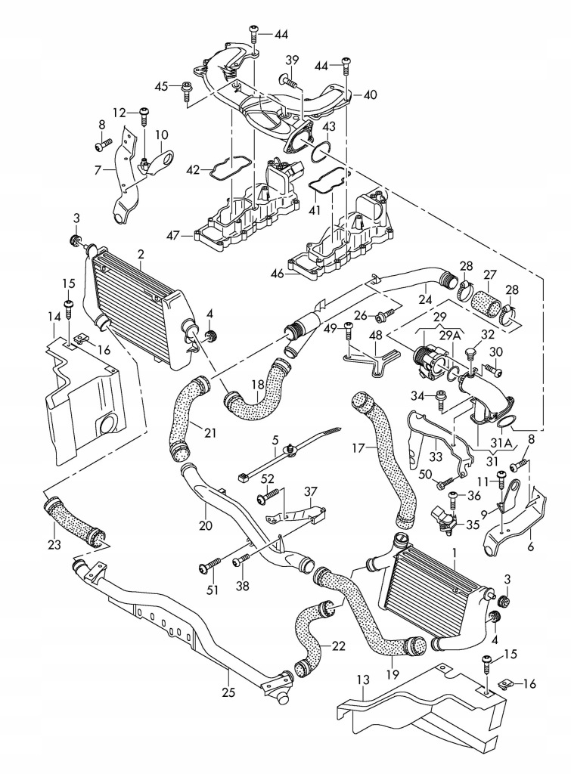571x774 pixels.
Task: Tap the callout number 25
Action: [228, 692]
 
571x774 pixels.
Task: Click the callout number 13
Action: [363, 680]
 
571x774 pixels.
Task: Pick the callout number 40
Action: [370, 94]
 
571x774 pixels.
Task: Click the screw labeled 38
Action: [241, 559]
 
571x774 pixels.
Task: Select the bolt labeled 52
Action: [268, 496]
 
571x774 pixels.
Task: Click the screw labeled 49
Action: [349, 332]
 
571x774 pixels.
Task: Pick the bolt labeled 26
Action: [385, 313]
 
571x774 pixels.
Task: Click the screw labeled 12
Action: [144, 119]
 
